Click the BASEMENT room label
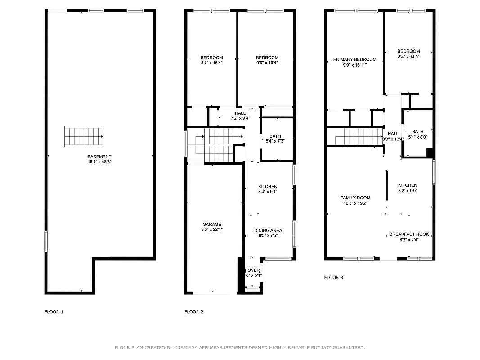[x=99, y=157]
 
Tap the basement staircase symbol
[x=84, y=136]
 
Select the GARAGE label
[x=211, y=224]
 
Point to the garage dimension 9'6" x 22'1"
[x=211, y=229]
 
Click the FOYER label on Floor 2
[x=252, y=270]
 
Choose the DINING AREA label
[x=268, y=230]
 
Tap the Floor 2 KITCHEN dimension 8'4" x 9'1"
[x=268, y=192]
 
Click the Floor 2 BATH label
[x=275, y=136]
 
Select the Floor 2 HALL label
[x=240, y=113]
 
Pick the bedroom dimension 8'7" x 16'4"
[x=211, y=63]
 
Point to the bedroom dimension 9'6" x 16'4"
[x=267, y=63]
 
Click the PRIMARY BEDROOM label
[x=354, y=59]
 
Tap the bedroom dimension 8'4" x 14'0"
[x=408, y=57]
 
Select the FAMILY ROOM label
[x=355, y=198]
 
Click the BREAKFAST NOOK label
[x=409, y=234]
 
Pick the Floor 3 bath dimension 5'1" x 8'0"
[x=417, y=137]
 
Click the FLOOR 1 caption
[x=54, y=311]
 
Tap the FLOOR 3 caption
[x=334, y=278]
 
